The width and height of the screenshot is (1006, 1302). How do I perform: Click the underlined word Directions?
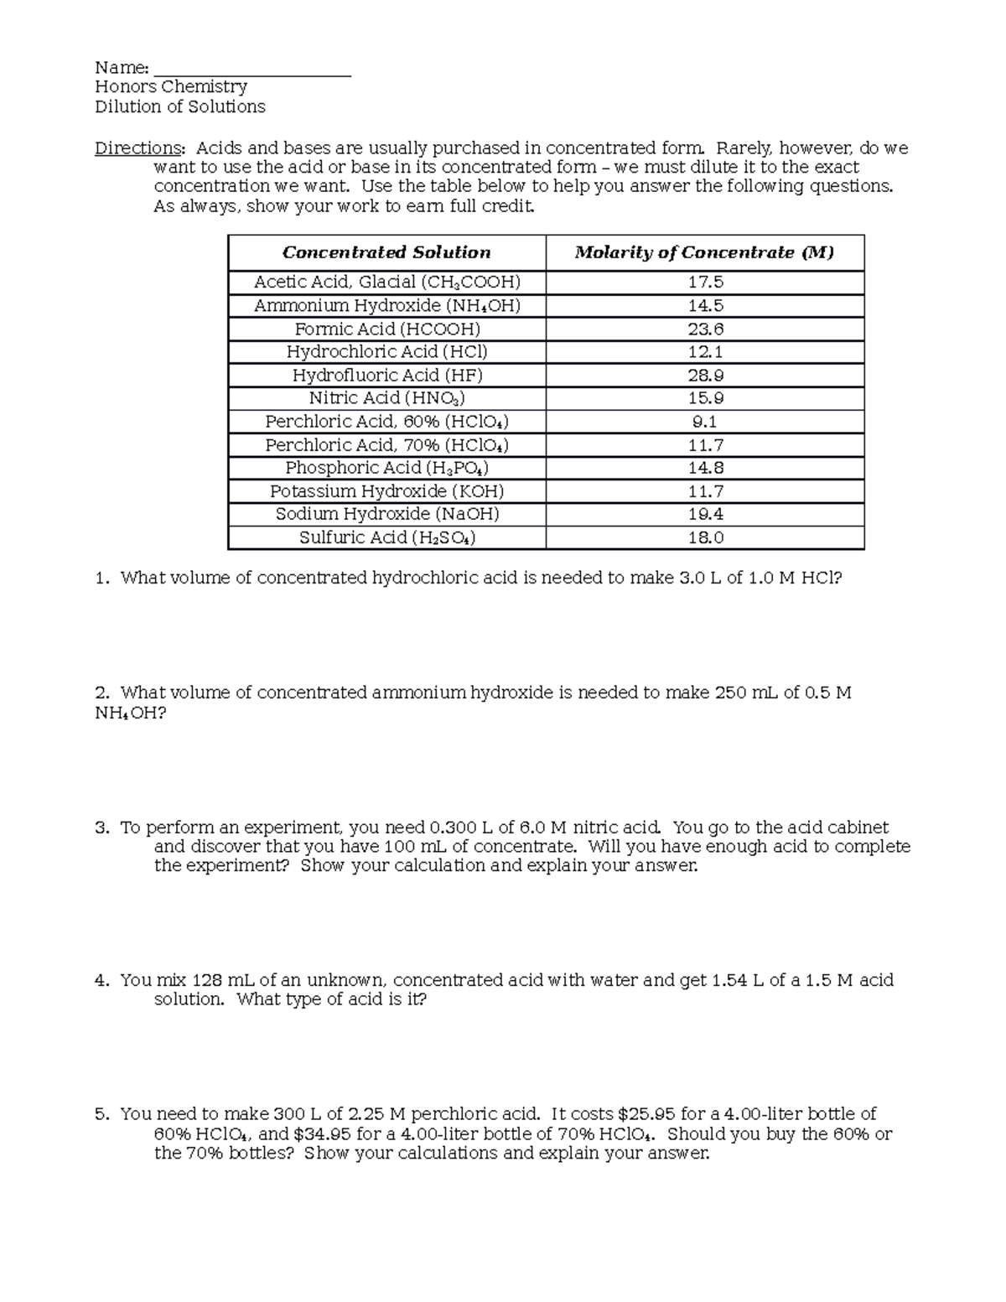point(137,148)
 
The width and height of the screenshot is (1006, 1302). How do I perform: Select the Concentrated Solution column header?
point(386,252)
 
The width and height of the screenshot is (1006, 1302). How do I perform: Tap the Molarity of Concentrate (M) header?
point(704,252)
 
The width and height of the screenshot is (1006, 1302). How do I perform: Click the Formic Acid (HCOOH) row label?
point(386,329)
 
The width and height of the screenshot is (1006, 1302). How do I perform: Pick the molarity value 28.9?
point(705,376)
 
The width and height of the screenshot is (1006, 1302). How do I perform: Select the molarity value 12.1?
point(705,352)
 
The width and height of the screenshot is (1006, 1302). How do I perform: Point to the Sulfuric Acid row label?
point(386,538)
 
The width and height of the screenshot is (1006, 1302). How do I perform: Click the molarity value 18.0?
point(705,538)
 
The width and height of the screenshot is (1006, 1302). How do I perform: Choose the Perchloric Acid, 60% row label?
point(386,422)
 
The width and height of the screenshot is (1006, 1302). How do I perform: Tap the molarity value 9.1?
point(705,422)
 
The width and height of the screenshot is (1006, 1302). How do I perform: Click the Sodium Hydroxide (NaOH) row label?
point(386,515)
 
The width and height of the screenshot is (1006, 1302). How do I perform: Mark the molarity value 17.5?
point(705,283)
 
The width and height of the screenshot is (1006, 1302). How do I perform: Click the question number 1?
point(101,578)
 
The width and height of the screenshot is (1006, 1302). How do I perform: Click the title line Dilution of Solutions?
point(180,106)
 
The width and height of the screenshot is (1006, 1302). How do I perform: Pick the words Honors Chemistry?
point(171,87)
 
